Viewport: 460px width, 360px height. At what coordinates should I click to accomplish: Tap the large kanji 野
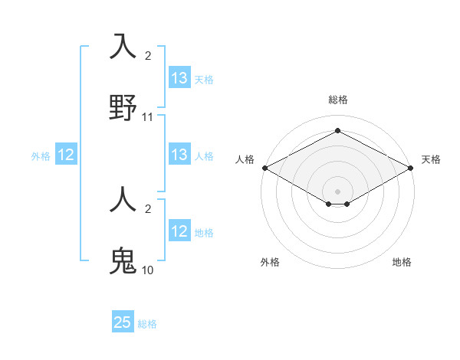pos(123,108)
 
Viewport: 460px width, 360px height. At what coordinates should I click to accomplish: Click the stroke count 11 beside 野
pos(148,117)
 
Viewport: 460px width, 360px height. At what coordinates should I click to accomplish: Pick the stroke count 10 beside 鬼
pos(148,270)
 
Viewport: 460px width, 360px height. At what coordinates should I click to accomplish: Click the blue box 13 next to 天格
pos(179,78)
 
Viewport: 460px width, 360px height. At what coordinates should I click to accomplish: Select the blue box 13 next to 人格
pos(179,155)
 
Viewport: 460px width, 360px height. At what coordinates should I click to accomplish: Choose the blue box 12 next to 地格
pos(179,231)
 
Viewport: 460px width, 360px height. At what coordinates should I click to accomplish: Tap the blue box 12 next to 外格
pos(66,155)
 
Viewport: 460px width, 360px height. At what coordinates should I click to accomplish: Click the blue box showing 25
pos(123,322)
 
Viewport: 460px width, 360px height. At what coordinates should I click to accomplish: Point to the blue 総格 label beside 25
pos(147,324)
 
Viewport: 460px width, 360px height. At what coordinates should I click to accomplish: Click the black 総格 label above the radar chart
pos(337,100)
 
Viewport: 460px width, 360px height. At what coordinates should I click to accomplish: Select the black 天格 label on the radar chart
pos(431,159)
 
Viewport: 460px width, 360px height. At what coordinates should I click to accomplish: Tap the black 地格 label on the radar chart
pos(402,262)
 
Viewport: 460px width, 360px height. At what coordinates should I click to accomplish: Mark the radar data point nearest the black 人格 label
pos(264,168)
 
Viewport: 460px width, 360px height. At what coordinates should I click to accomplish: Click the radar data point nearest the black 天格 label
pos(411,168)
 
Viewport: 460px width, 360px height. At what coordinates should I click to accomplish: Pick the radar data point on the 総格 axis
pos(337,131)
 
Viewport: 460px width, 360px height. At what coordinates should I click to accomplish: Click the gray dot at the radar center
pos(337,191)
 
